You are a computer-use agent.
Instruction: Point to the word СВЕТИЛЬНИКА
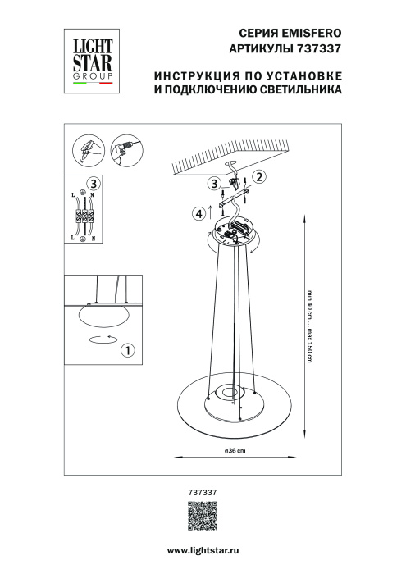tap(299, 91)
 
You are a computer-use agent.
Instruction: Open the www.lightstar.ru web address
tap(203, 555)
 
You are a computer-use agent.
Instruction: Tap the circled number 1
tap(127, 351)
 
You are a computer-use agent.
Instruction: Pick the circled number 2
tap(258, 176)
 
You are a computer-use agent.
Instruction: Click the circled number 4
tap(198, 215)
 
